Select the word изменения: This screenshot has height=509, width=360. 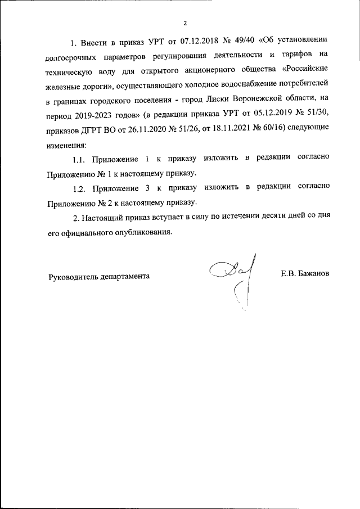[63, 145]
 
